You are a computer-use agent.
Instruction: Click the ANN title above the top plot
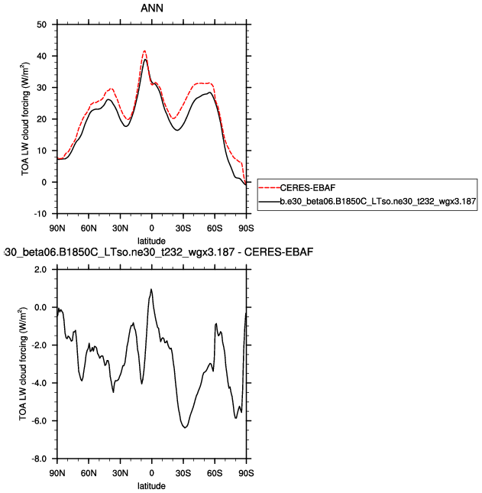click(x=151, y=9)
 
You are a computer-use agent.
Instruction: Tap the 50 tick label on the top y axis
click(x=43, y=24)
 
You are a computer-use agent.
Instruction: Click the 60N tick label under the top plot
click(x=89, y=229)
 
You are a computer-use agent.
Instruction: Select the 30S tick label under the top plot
click(x=183, y=229)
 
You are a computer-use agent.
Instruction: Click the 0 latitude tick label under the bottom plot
click(x=151, y=474)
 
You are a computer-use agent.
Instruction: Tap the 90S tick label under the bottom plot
click(x=246, y=474)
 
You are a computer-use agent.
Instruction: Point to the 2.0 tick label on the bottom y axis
click(x=40, y=270)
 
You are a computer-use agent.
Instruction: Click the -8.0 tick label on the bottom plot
click(x=39, y=459)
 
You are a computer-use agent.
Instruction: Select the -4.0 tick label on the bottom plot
click(x=39, y=383)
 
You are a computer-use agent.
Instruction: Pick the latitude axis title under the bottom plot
click(x=151, y=486)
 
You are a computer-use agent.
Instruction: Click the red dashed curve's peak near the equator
click(x=144, y=51)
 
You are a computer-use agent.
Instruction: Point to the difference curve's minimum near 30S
click(x=185, y=427)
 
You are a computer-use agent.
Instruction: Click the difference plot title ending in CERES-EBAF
click(x=157, y=252)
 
